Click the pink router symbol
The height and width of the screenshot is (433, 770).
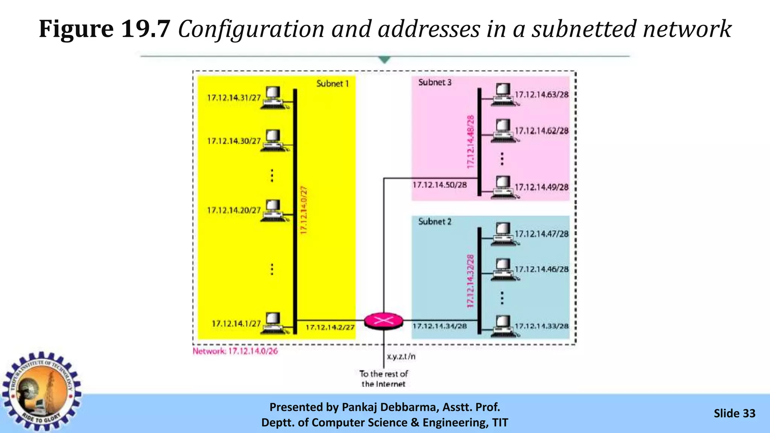pos(383,321)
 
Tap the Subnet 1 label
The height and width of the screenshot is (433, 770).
pos(332,83)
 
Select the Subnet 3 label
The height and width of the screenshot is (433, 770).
pos(435,82)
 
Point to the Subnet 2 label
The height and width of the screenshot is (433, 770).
pos(435,222)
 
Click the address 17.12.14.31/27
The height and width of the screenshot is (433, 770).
pos(234,98)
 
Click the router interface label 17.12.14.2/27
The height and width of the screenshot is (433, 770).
pos(330,327)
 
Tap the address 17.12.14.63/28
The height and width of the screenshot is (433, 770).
pos(541,95)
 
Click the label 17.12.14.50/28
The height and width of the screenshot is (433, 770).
pos(440,185)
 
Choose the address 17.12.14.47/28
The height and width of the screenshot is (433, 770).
pos(541,234)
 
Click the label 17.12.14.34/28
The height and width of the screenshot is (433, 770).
pos(440,326)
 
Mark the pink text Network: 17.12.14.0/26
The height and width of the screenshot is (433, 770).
pos(235,351)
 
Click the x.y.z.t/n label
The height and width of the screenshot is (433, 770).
pos(401,356)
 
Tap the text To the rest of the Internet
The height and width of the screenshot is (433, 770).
pos(383,379)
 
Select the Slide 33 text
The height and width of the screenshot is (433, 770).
pos(734,413)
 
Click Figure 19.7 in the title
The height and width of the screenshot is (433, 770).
pos(105,29)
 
